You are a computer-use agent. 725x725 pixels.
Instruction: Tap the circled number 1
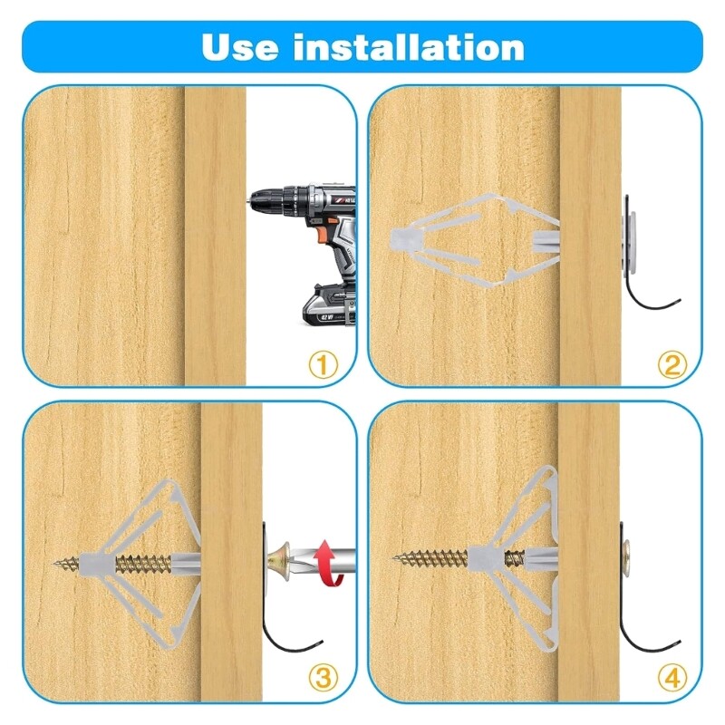coord(324,365)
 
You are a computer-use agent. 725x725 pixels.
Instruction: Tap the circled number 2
coord(672,365)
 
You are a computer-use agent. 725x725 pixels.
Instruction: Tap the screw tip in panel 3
coord(56,563)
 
